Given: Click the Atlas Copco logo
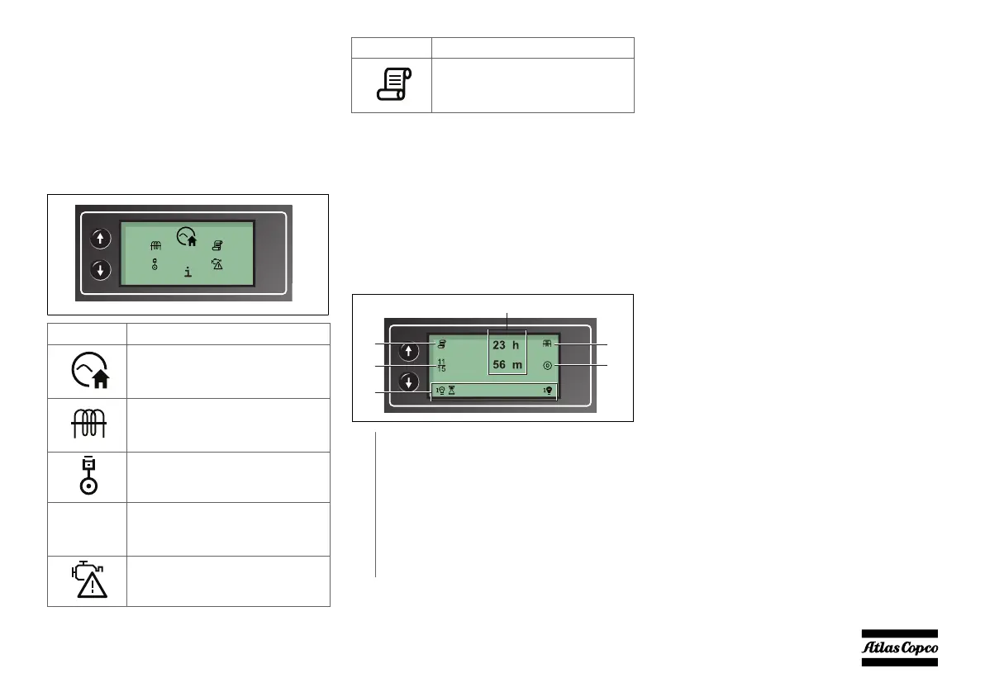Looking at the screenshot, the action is click(x=901, y=647).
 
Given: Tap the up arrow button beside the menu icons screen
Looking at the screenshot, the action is click(x=100, y=239).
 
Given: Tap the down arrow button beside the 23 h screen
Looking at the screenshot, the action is click(x=408, y=383).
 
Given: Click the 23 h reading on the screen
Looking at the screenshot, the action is click(x=506, y=346).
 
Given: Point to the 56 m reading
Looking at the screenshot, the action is click(x=506, y=365).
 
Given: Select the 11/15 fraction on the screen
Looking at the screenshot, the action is click(x=441, y=365).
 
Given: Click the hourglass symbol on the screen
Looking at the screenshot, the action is click(x=452, y=390).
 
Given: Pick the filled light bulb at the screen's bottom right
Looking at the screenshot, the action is click(x=548, y=390).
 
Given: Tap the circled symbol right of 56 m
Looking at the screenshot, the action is click(x=547, y=365).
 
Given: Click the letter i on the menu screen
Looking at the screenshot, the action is click(x=188, y=272).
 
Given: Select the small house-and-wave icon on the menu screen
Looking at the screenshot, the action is click(x=188, y=238).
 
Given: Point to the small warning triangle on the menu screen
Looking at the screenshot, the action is click(x=217, y=264).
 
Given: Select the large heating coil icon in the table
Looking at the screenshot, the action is click(x=87, y=424).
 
